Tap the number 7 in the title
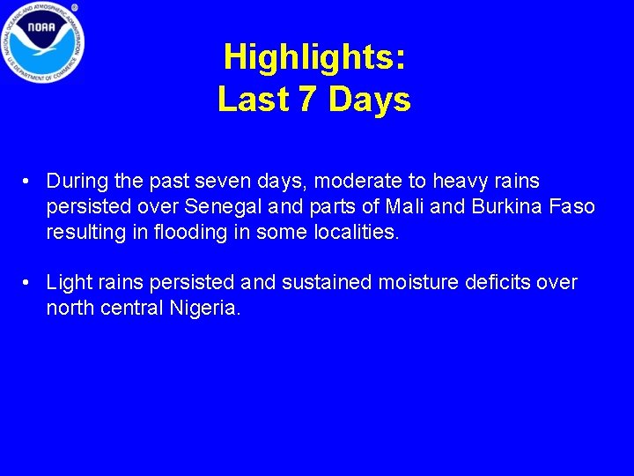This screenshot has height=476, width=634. [x=307, y=100]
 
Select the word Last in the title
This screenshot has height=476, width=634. [x=254, y=100]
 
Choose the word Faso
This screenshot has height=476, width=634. [x=573, y=207]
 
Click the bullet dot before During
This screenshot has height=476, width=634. [x=29, y=182]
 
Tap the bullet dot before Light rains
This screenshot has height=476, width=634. [x=29, y=283]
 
